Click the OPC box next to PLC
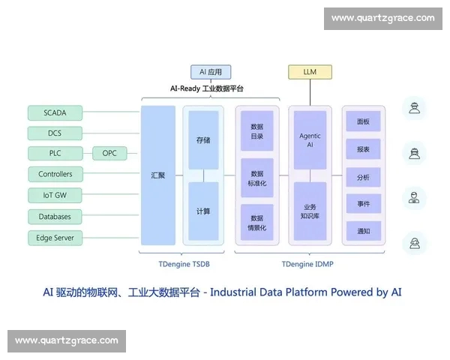coord(109,154)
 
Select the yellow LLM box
coord(310,72)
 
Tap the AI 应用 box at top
coord(211,72)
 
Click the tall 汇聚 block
coord(157,175)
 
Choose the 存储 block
coord(203,139)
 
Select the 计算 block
coord(203,211)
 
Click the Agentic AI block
coord(310,139)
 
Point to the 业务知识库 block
coord(310,211)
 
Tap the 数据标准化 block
coord(257,178)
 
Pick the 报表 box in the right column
coord(363,149)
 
